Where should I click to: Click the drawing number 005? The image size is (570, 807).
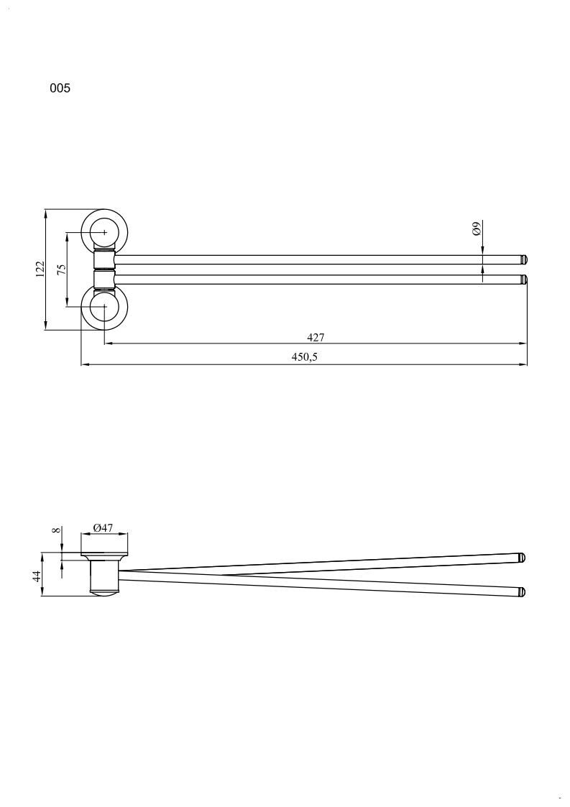pos(60,88)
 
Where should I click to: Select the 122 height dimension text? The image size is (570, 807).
pos(40,269)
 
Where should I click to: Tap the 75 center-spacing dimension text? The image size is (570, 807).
pos(62,269)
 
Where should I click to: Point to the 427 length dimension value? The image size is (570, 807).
pos(316,337)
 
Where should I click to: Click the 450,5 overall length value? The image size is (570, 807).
pos(304,356)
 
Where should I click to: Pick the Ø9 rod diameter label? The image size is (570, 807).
pos(477,228)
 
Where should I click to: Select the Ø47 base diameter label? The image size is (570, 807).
pos(103,527)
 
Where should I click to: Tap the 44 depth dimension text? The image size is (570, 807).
pos(37,576)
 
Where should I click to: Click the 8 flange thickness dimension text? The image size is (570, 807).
pos(58,530)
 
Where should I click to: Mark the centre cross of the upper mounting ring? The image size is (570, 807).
pos(104,233)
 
